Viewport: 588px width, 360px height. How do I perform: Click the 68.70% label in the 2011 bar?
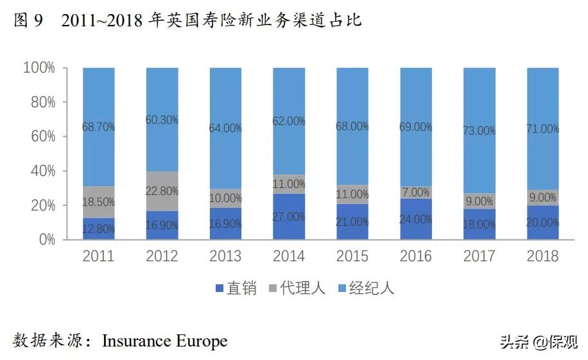(x=98, y=127)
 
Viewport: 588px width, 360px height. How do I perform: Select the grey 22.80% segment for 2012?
(x=162, y=191)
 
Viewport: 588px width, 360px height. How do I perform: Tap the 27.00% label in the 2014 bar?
(x=288, y=217)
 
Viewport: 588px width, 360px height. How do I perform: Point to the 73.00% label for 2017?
(x=479, y=131)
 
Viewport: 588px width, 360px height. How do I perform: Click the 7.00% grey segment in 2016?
(x=415, y=193)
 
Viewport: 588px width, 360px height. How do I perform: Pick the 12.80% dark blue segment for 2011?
(x=98, y=228)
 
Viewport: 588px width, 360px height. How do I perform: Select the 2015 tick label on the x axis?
(x=352, y=256)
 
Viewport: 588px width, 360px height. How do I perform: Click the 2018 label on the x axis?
(x=542, y=256)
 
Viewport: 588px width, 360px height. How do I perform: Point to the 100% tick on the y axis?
(x=39, y=68)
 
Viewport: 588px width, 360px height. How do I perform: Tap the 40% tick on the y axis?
(x=42, y=171)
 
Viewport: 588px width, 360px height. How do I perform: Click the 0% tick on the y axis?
(x=46, y=240)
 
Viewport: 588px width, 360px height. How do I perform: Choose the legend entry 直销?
(x=235, y=288)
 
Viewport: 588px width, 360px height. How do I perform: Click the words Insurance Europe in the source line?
(x=164, y=340)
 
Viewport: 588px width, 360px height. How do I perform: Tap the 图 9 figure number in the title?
(x=28, y=21)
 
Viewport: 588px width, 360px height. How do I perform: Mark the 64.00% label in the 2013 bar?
(x=225, y=128)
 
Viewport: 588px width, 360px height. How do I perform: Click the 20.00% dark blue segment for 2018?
(x=542, y=223)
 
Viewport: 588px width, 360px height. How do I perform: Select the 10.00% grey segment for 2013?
(x=225, y=198)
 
